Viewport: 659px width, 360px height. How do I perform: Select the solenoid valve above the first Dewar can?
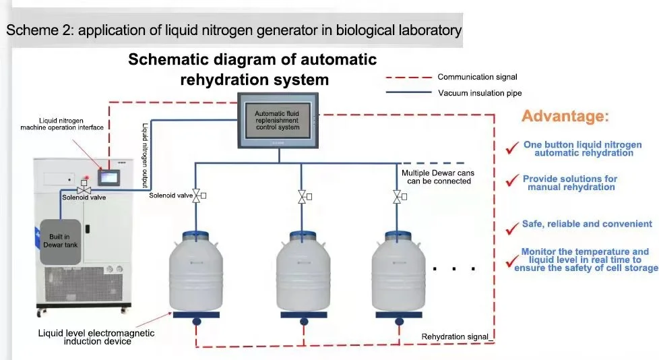[x=197, y=196]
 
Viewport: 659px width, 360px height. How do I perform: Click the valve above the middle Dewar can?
[x=302, y=197]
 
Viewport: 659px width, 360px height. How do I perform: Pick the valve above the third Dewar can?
[x=397, y=197]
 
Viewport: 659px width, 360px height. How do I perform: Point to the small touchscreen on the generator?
[x=109, y=177]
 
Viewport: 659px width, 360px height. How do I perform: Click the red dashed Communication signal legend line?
[x=406, y=77]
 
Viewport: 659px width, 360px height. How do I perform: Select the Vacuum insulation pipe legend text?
[x=479, y=93]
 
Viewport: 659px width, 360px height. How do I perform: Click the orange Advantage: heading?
[x=566, y=116]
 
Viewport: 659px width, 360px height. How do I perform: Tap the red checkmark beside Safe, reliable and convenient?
[x=511, y=227]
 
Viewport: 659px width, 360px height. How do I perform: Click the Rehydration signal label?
[x=455, y=336]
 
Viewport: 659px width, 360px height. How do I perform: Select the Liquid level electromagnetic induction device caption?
[x=96, y=337]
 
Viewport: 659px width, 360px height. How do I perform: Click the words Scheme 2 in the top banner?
[x=32, y=30]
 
